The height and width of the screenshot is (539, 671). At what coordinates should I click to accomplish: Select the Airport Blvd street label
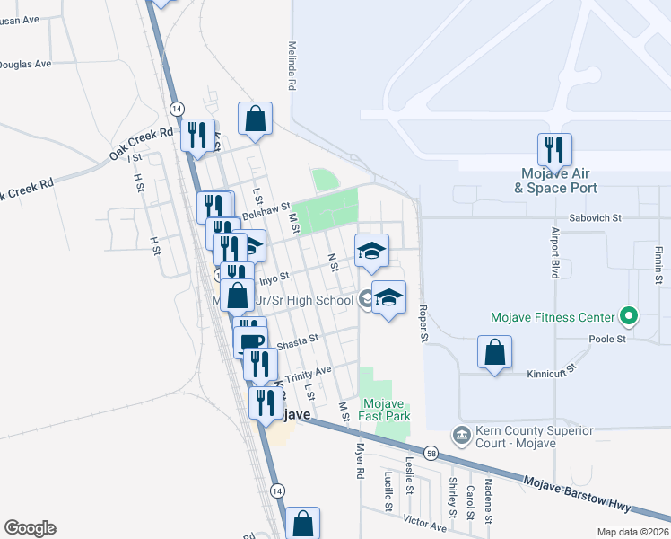(553, 258)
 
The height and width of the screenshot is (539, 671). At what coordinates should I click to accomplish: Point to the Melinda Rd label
(292, 65)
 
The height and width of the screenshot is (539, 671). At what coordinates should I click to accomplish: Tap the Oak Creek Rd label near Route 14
(141, 144)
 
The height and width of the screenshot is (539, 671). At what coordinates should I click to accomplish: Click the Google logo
(30, 528)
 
